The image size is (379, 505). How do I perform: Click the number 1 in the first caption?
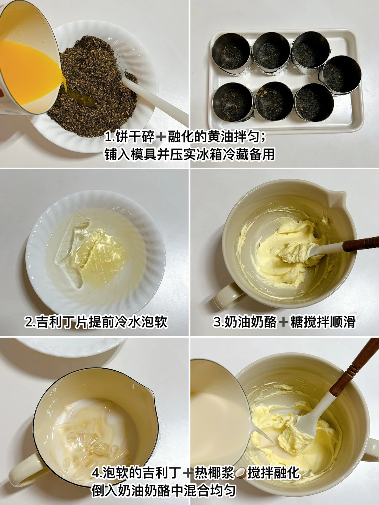click(107, 137)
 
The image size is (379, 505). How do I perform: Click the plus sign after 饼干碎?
click(161, 138)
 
